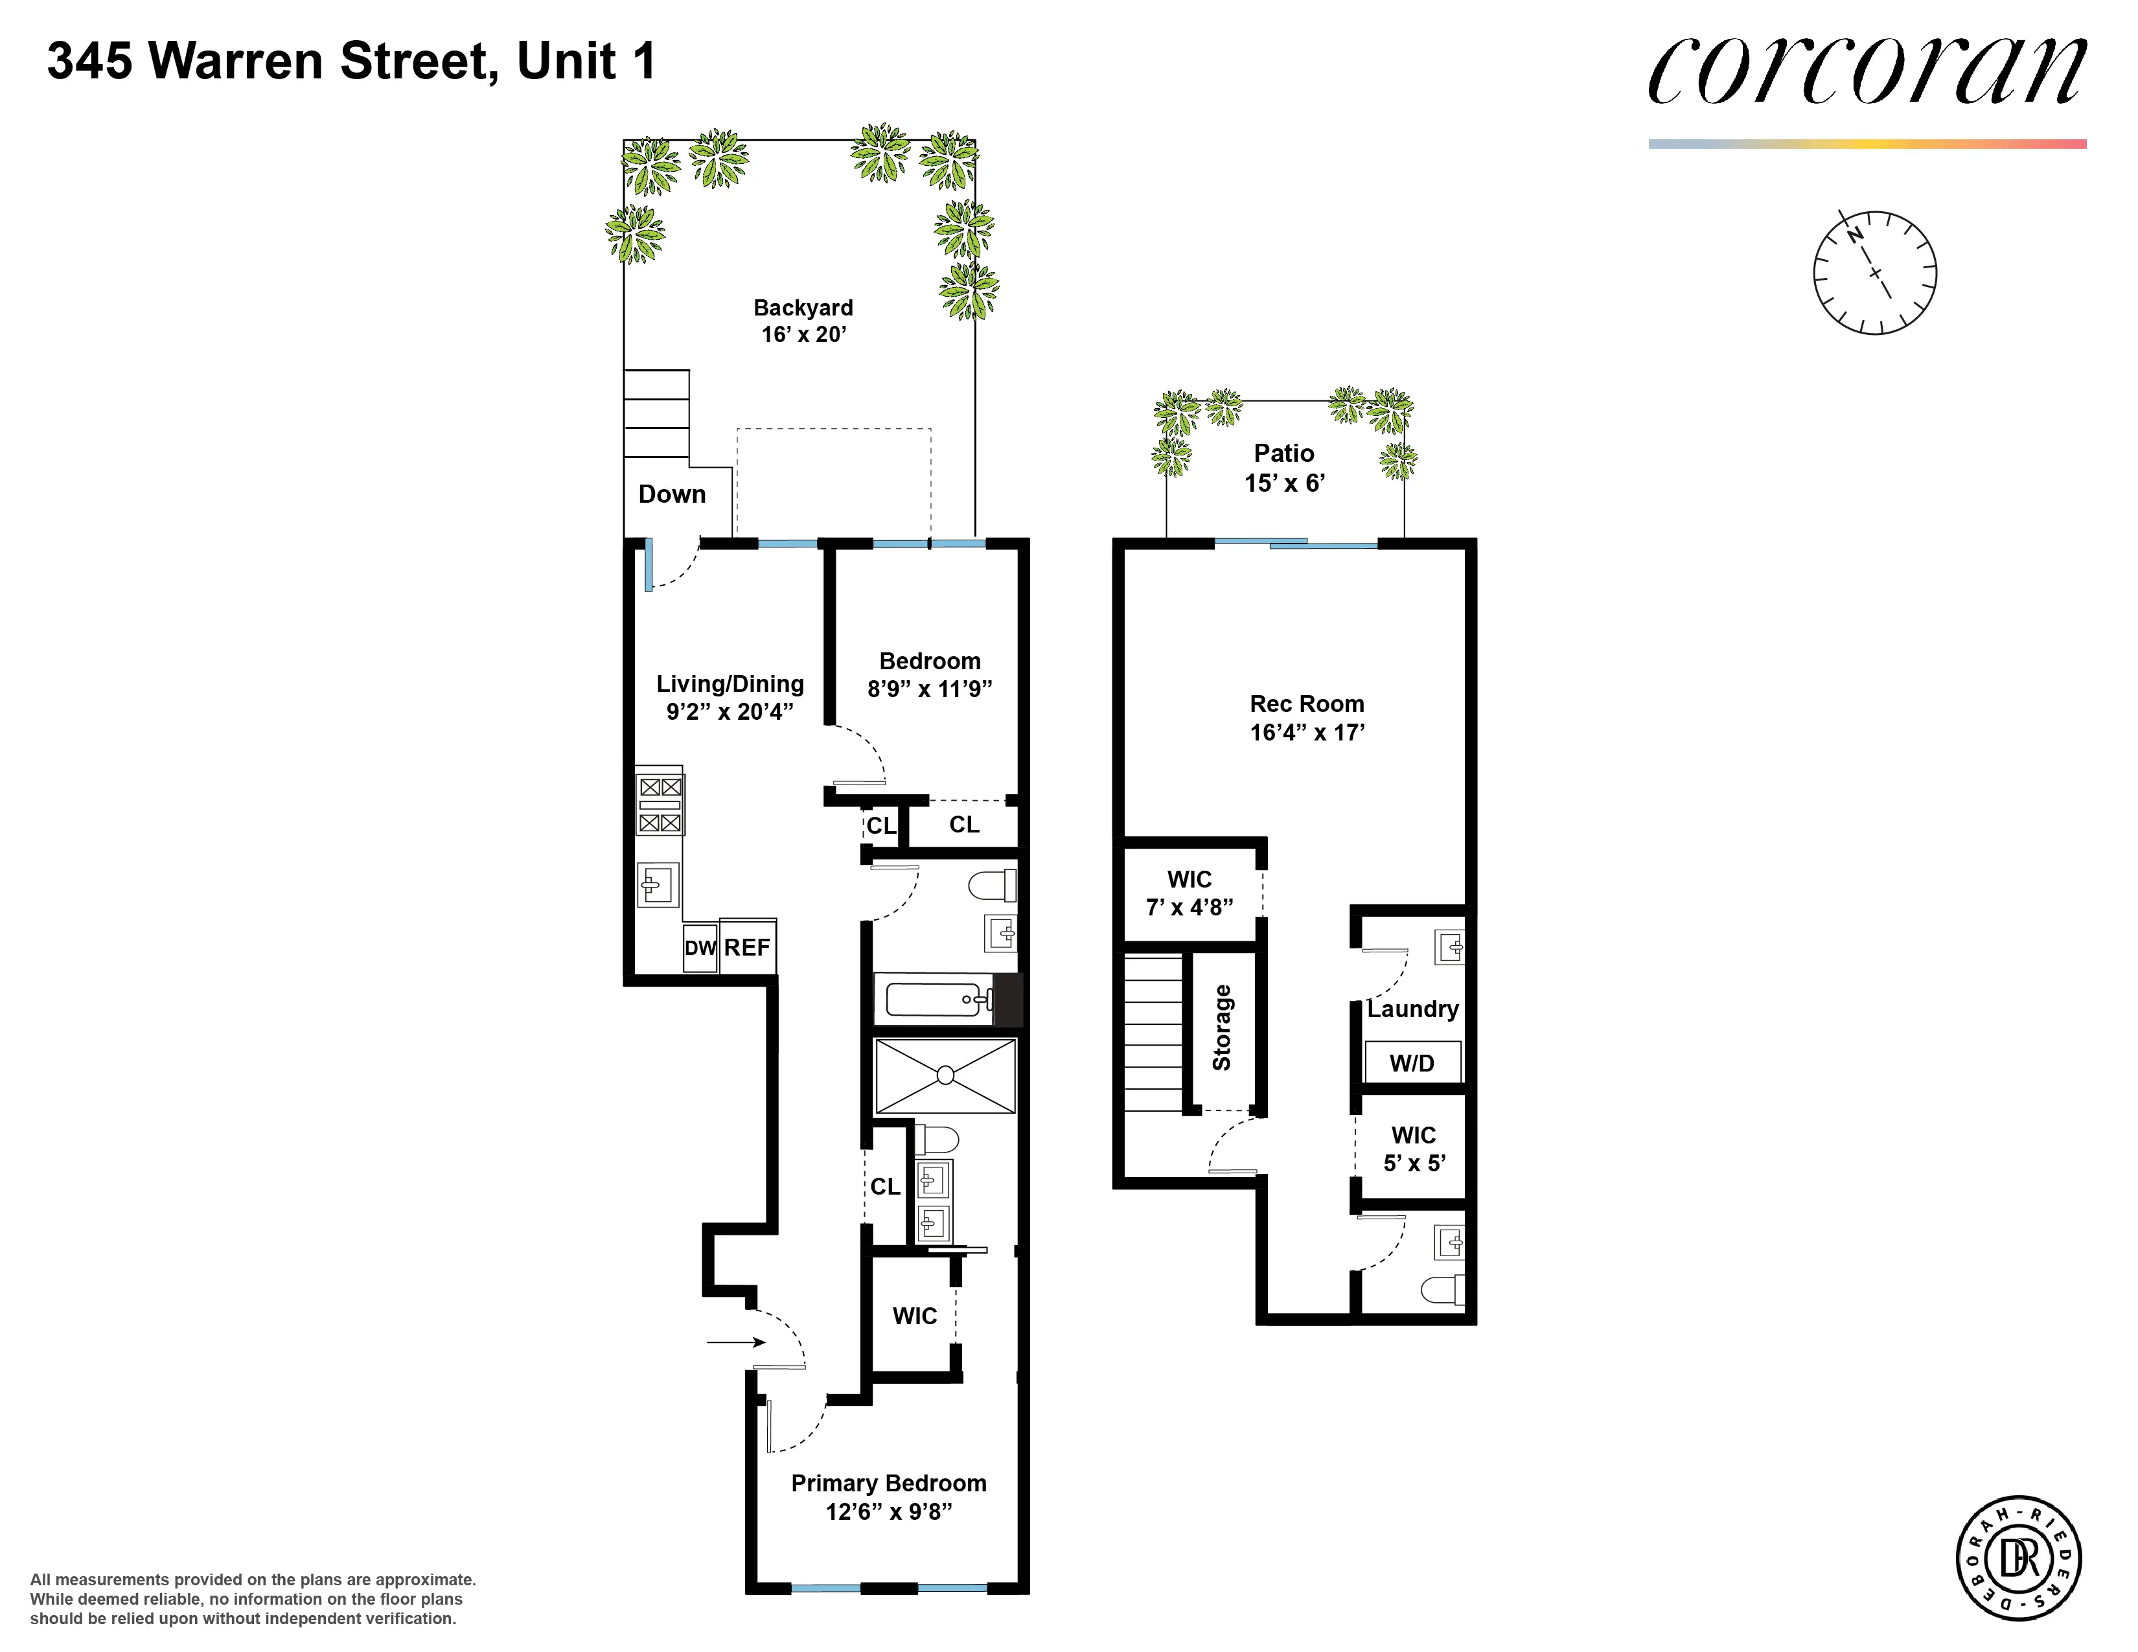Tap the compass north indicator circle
coord(1875,272)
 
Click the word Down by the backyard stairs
coord(672,494)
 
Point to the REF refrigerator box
coord(748,946)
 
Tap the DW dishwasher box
coord(700,947)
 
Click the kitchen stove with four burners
coord(660,803)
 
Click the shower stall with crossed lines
coord(945,1075)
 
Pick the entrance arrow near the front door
coord(735,1342)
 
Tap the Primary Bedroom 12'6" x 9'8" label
coord(888,1497)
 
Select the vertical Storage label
coord(1222,1027)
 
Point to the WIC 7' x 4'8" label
coord(1190,893)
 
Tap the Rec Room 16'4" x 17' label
coord(1307,717)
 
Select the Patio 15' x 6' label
coord(1284,468)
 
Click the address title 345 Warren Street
coord(351,61)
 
